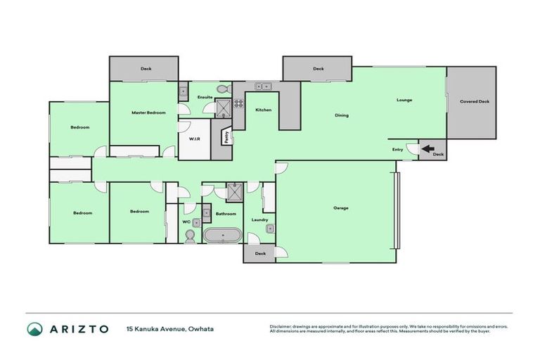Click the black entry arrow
click(426, 148)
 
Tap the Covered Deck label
click(474, 102)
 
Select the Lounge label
click(404, 100)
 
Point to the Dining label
click(342, 115)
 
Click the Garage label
click(341, 207)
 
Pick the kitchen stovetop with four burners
click(238, 102)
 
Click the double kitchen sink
click(262, 86)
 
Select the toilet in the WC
click(190, 238)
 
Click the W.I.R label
click(195, 139)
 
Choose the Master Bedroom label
click(148, 112)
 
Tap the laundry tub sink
click(269, 227)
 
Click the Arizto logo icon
click(34, 329)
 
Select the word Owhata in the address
click(200, 329)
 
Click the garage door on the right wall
click(397, 211)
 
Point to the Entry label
click(398, 149)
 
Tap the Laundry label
click(259, 219)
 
